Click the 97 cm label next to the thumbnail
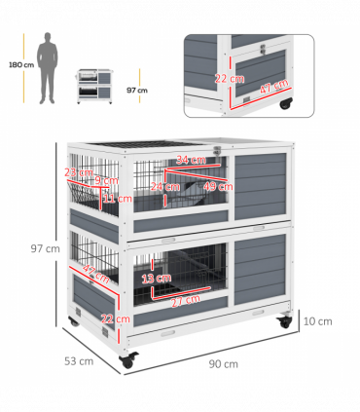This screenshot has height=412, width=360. click(136, 90)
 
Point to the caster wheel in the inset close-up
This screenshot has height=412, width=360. click(286, 103)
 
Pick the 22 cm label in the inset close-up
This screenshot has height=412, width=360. click(223, 77)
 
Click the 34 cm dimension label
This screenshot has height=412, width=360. click(191, 161)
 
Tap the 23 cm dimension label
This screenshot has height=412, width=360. click(74, 172)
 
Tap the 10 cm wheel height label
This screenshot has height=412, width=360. click(318, 320)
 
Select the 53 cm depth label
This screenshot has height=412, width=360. click(80, 360)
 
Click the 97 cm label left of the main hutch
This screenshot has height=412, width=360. click(46, 248)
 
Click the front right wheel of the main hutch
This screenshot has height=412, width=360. click(284, 320)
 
